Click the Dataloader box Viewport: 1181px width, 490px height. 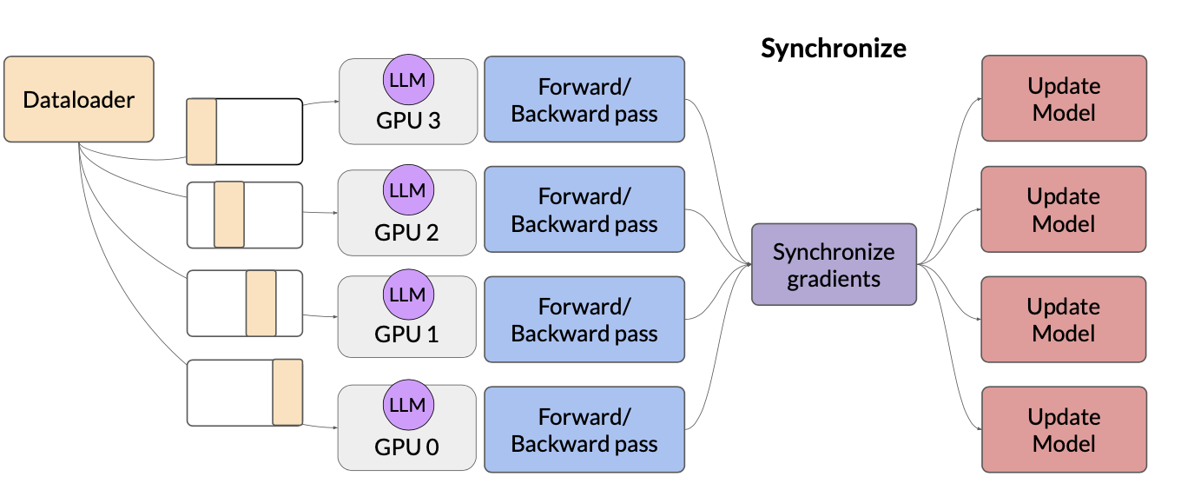[x=79, y=99]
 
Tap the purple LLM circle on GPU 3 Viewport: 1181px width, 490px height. [x=408, y=80]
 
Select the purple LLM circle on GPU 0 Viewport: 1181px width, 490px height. [x=408, y=405]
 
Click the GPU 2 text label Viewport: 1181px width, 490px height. [x=406, y=232]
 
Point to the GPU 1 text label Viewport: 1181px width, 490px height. [x=406, y=334]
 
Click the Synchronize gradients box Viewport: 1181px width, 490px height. [x=834, y=264]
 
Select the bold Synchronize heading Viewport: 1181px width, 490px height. [x=834, y=48]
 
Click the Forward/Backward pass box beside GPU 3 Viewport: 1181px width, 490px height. [x=584, y=99]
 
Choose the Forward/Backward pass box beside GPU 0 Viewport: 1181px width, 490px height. [x=584, y=429]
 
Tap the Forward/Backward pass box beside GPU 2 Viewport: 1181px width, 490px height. [x=584, y=209]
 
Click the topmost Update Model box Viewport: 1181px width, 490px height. [x=1064, y=98]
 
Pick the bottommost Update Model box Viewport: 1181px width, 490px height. [x=1064, y=429]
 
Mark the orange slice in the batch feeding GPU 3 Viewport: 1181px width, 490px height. [x=202, y=131]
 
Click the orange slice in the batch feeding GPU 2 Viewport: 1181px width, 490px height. [x=229, y=214]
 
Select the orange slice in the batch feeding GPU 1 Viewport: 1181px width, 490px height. [x=261, y=303]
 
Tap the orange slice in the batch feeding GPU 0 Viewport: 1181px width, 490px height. [x=288, y=392]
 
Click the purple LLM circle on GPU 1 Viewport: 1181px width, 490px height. [x=408, y=295]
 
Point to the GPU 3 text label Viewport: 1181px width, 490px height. [x=408, y=120]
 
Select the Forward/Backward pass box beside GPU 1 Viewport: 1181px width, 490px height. [x=584, y=319]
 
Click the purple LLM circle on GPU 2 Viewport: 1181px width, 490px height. [x=408, y=190]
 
